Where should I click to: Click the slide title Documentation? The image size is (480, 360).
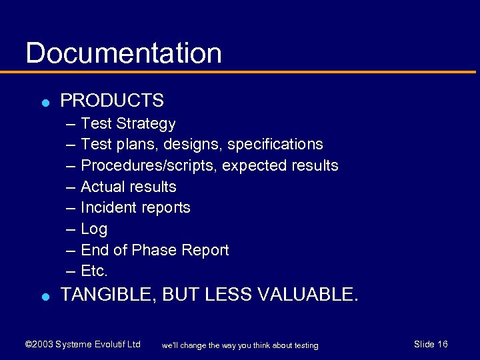[123, 53]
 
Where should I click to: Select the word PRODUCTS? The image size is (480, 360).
[112, 101]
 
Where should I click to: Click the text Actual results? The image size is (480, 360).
[129, 187]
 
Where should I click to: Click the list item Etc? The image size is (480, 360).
[94, 271]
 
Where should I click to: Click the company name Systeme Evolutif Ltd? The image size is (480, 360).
[98, 345]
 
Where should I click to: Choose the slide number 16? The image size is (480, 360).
[442, 344]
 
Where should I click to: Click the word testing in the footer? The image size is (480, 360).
[304, 345]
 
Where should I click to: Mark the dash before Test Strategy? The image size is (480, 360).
[71, 124]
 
